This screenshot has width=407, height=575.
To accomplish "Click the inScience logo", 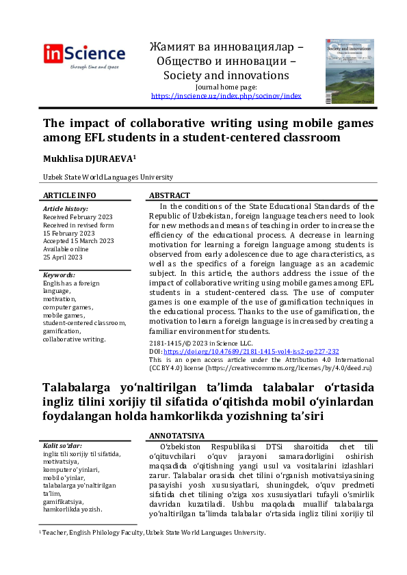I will pos(84,55).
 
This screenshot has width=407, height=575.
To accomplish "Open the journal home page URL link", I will pos(226,96).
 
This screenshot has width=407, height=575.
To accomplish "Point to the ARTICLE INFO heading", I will pos(69,195).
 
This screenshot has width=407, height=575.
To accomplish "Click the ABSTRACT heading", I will pos(170,195).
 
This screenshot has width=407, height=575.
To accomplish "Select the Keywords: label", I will pos(60,275).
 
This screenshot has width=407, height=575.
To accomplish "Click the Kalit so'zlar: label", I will pos(63,446).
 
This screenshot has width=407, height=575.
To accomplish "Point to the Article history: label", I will pos(66,208).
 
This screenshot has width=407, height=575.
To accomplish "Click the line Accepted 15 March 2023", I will pos(79,240).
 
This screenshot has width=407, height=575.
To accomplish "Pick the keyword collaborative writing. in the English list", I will pos(74,339).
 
